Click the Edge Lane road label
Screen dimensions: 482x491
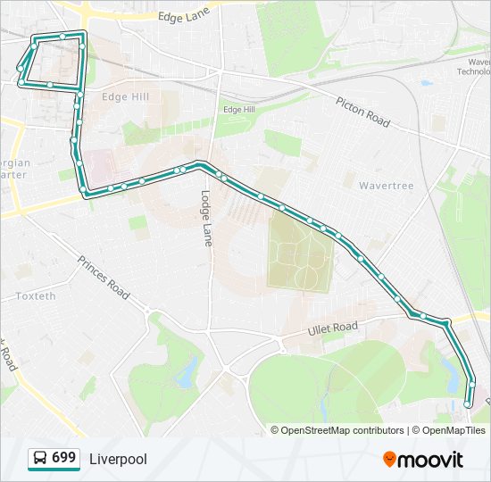pyautogui.click(x=182, y=16)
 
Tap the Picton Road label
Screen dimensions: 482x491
pyautogui.click(x=363, y=111)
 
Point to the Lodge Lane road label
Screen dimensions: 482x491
pyautogui.click(x=206, y=218)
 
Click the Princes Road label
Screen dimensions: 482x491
pyautogui.click(x=103, y=277)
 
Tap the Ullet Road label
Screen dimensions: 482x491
pyautogui.click(x=332, y=329)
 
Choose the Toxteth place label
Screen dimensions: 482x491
pyautogui.click(x=36, y=295)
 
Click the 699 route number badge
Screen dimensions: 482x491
pyautogui.click(x=63, y=458)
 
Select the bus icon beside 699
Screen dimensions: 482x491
pyautogui.click(x=40, y=459)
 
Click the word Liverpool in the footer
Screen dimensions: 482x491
pyautogui.click(x=118, y=459)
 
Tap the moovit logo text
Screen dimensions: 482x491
pyautogui.click(x=431, y=460)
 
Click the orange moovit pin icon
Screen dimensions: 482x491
pyautogui.click(x=389, y=459)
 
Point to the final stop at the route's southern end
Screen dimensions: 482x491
pyautogui.click(x=467, y=404)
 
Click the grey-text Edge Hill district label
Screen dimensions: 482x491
pyautogui.click(x=126, y=97)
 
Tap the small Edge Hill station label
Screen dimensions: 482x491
pyautogui.click(x=238, y=109)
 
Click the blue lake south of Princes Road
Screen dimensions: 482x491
pyautogui.click(x=187, y=372)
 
